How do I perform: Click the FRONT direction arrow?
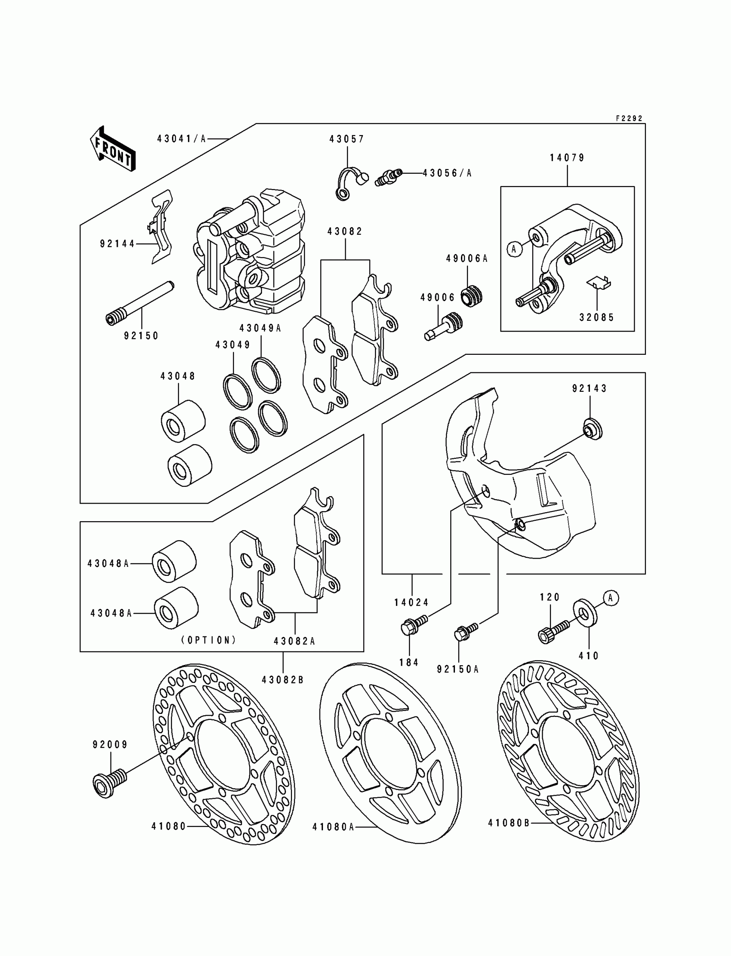point(113,149)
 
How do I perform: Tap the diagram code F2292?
point(629,118)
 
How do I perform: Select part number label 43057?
point(347,139)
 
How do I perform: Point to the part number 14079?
point(568,157)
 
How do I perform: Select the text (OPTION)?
point(209,640)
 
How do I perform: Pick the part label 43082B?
point(283,679)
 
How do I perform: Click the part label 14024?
point(412,602)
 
